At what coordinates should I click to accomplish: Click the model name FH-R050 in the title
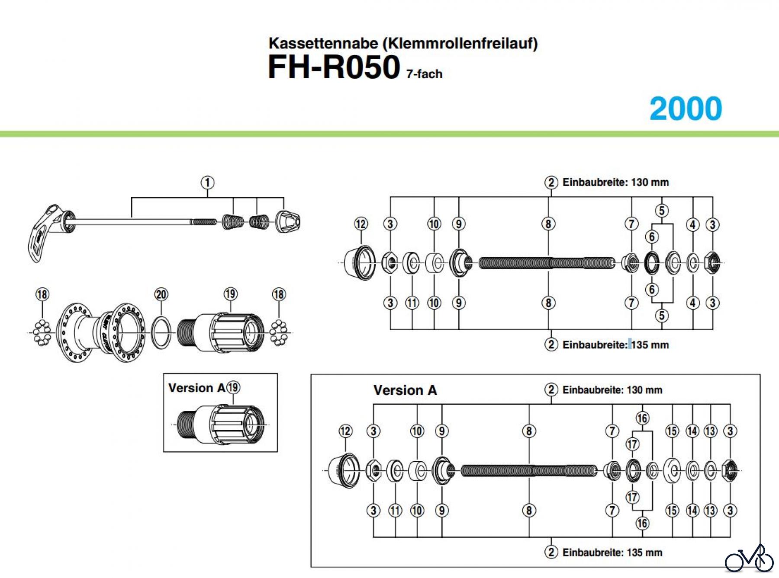(x=334, y=67)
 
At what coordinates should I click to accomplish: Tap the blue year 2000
(x=686, y=109)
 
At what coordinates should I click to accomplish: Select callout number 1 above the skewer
(x=207, y=182)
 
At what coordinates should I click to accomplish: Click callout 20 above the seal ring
(x=161, y=294)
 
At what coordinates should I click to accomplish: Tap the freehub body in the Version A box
(x=221, y=424)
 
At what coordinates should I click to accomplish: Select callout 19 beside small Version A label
(x=233, y=387)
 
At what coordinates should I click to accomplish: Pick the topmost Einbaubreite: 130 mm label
(x=615, y=182)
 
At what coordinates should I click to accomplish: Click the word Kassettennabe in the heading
(x=323, y=44)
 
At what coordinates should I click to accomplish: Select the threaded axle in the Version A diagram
(x=529, y=470)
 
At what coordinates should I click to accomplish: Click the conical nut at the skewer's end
(x=287, y=222)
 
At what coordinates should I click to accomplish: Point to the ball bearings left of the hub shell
(x=42, y=332)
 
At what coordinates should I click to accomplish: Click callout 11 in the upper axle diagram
(x=412, y=303)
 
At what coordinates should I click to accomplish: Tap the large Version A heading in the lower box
(x=405, y=390)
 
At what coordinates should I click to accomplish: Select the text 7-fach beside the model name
(x=424, y=74)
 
